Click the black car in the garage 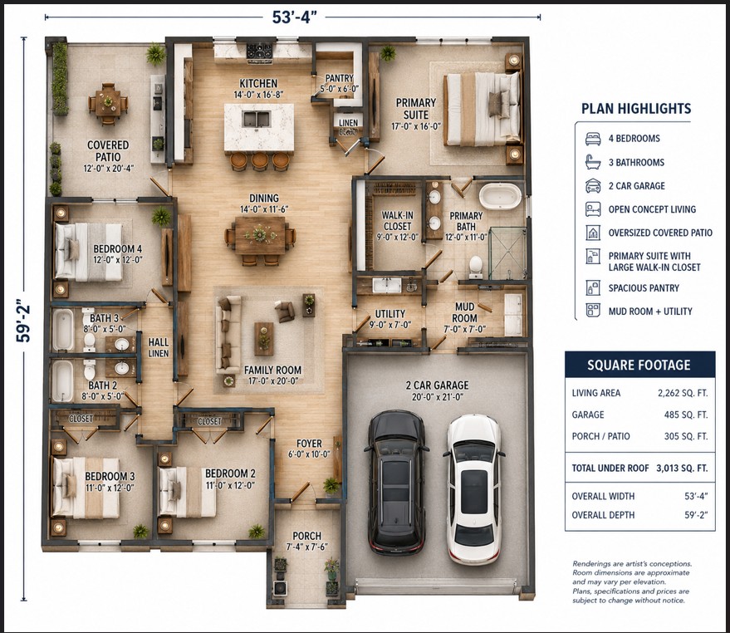pos(397,482)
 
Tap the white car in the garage pos(474,489)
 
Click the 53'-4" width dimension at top pos(294,17)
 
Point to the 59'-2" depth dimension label pos(22,321)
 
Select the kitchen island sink pos(256,119)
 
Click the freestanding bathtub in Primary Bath pos(501,196)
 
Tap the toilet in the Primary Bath pos(476,267)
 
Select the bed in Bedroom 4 pos(89,252)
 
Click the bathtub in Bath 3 pos(62,330)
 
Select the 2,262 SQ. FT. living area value pos(683,393)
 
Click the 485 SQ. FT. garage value pos(686,415)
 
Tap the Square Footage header pos(639,365)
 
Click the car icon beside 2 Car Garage pos(593,185)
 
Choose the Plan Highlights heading pos(636,109)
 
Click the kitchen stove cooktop pos(259,52)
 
